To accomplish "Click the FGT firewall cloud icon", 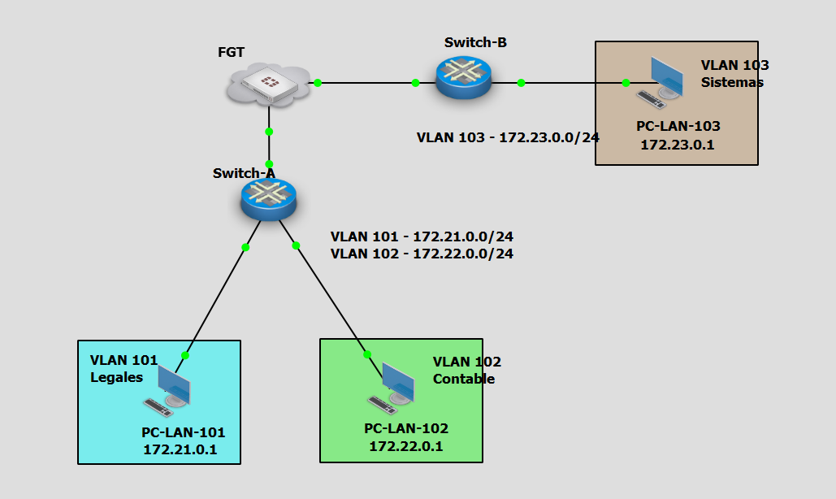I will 269,84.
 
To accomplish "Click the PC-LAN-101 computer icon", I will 171,389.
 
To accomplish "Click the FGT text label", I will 232,53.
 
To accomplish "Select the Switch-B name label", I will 475,42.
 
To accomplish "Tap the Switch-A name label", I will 243,173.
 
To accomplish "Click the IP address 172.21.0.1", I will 180,449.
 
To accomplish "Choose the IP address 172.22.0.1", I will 406,445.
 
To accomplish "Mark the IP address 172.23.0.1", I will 678,145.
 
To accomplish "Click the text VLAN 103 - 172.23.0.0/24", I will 508,137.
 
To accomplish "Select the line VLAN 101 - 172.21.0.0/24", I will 422,236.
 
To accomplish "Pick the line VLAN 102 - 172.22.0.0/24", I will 422,254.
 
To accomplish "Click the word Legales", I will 116,377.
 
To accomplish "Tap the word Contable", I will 463,379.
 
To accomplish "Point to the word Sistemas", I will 732,82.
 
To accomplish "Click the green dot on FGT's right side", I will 318,83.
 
